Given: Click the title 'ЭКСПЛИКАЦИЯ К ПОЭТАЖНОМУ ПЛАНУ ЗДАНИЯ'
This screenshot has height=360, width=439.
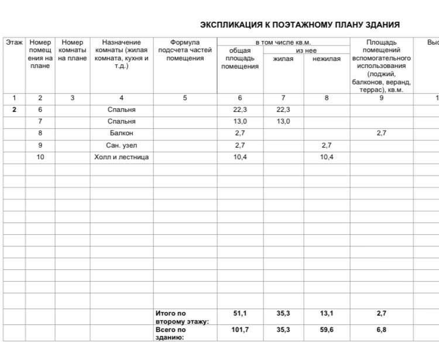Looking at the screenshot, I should click(x=300, y=25).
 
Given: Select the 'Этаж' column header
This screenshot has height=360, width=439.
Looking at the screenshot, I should click(x=14, y=43).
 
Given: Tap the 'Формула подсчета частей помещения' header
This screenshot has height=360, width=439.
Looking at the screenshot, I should click(x=185, y=50).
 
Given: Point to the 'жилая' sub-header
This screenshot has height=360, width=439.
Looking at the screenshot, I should click(x=283, y=59).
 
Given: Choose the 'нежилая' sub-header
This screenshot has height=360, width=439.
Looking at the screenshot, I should click(x=327, y=59).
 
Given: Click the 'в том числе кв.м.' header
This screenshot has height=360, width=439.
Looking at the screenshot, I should click(x=283, y=43).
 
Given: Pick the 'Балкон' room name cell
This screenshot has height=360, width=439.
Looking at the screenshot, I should click(x=122, y=133).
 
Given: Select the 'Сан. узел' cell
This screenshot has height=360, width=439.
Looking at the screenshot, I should click(x=122, y=145).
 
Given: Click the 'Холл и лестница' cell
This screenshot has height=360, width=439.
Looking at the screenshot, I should click(x=122, y=157).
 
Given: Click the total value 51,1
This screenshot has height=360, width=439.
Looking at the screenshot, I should click(x=240, y=314).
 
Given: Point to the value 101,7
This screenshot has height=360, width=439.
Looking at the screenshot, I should click(x=240, y=330).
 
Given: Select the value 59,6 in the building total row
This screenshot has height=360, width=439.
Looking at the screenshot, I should click(x=327, y=330).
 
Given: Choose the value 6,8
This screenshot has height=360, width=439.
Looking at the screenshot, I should click(x=382, y=330).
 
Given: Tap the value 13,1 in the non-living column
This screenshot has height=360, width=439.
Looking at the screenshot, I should click(x=327, y=314).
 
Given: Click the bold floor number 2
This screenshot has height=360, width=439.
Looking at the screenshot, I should click(x=14, y=110).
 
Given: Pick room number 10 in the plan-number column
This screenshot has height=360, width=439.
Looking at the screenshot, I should click(x=40, y=157).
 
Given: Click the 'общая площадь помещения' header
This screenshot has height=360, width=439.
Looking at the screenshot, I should click(x=240, y=59).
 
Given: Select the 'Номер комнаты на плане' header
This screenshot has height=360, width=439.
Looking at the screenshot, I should click(x=73, y=50).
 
